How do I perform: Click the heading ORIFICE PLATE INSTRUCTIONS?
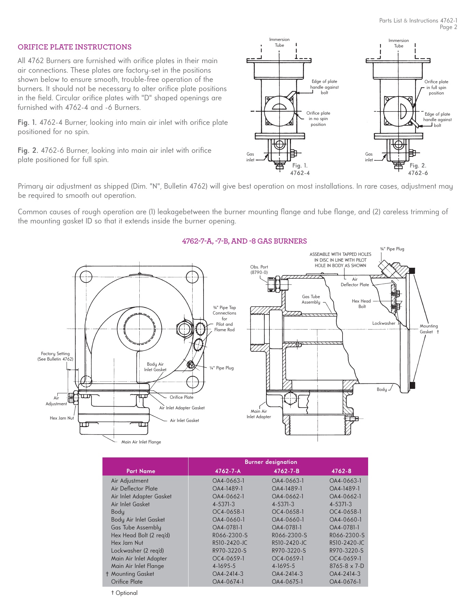click(74, 47)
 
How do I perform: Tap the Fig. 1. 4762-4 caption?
click(300, 169)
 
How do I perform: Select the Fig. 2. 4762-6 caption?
click(418, 169)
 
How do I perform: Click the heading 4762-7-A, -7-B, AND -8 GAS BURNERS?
click(244, 241)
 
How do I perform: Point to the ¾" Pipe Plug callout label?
click(392, 249)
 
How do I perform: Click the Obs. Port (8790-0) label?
click(259, 269)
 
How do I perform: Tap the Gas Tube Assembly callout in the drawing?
click(311, 299)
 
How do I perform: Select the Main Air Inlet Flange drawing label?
click(141, 442)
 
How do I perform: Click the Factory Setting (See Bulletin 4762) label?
click(55, 356)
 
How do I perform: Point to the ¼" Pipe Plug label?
click(222, 368)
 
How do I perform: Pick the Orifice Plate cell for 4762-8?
click(345, 582)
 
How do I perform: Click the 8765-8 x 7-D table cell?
click(347, 566)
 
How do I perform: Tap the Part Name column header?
click(141, 471)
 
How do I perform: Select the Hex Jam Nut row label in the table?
click(127, 543)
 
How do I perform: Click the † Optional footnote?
click(124, 593)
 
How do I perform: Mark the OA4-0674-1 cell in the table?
click(228, 582)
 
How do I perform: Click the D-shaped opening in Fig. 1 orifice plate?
click(279, 107)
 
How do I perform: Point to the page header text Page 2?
click(448, 27)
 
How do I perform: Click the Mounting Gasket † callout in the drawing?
click(429, 329)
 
